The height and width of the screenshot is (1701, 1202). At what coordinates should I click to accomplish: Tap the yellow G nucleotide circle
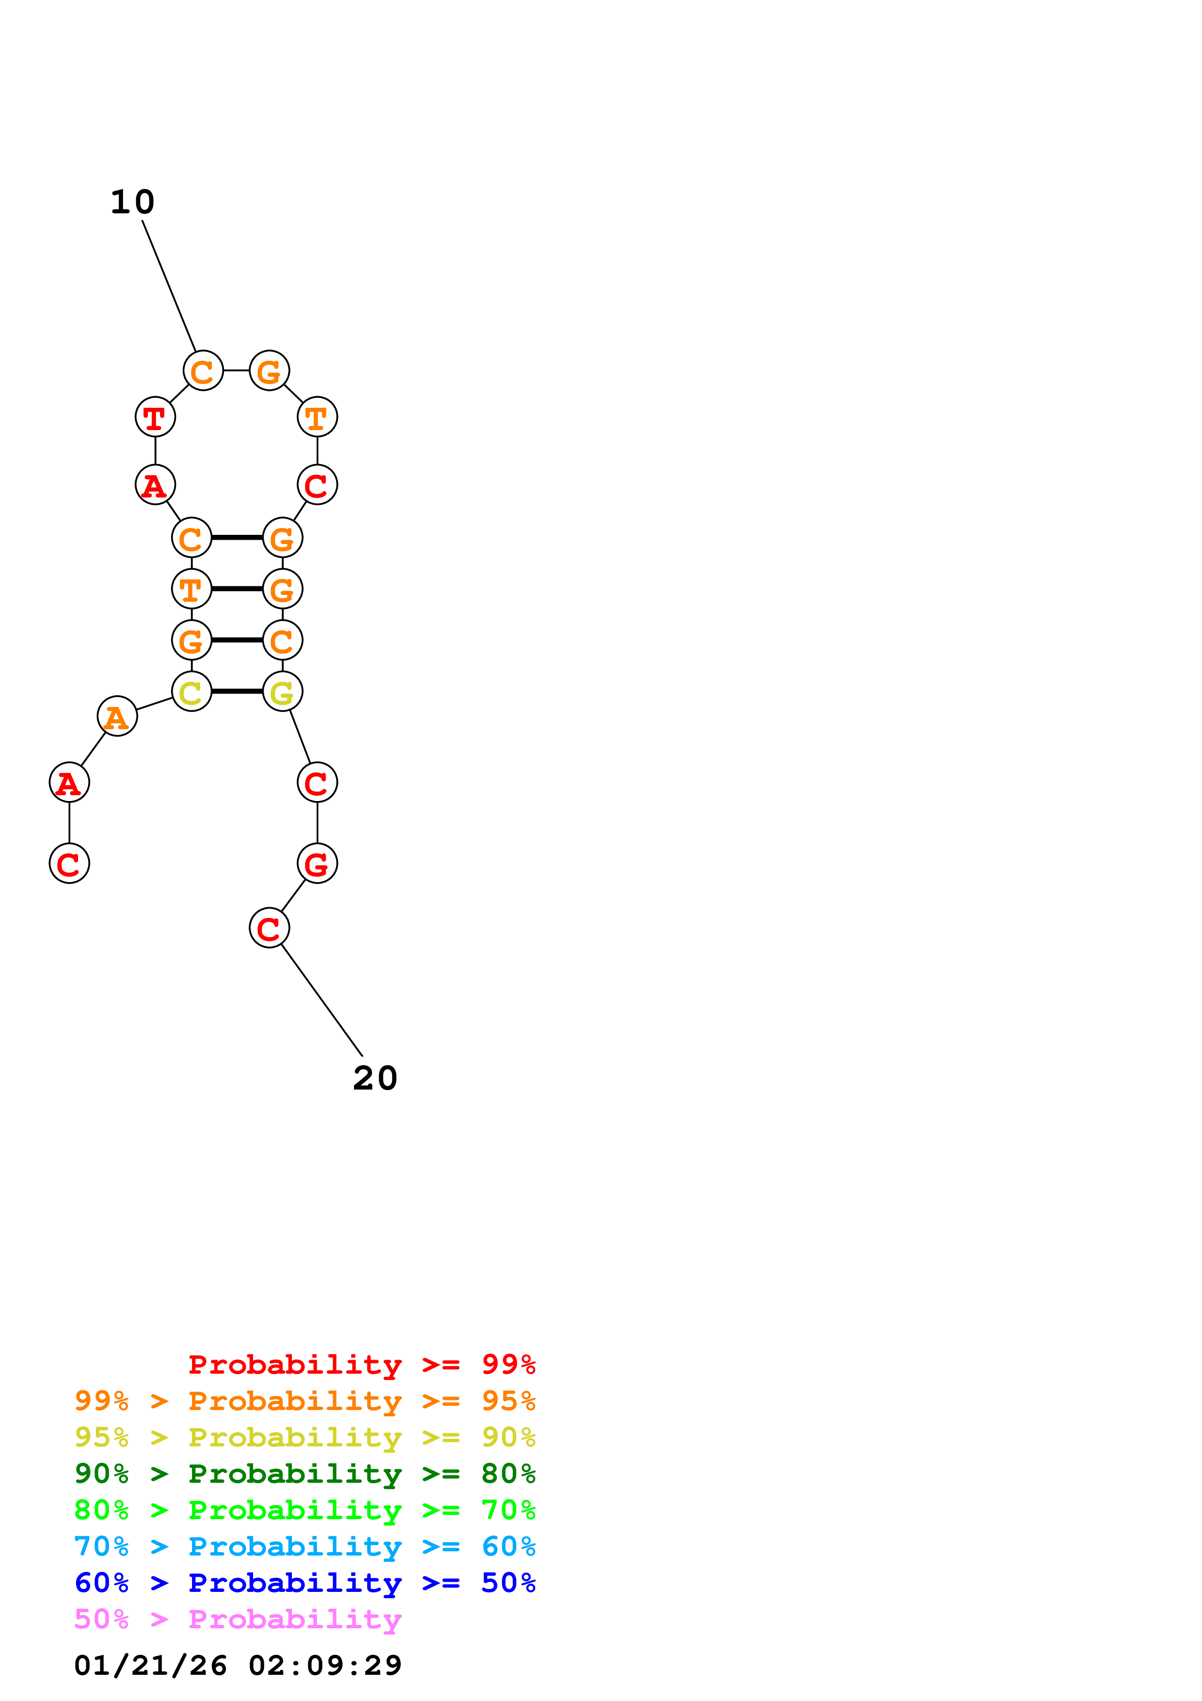pyautogui.click(x=282, y=691)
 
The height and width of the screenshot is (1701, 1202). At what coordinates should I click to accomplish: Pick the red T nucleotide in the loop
pyautogui.click(x=155, y=417)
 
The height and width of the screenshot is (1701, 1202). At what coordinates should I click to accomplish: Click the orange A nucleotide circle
pyautogui.click(x=117, y=716)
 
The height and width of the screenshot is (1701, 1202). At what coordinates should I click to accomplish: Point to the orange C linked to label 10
pyautogui.click(x=203, y=370)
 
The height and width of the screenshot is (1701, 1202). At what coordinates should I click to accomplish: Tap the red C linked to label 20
pyautogui.click(x=269, y=928)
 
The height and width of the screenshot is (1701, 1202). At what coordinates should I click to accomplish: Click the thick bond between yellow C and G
pyautogui.click(x=237, y=691)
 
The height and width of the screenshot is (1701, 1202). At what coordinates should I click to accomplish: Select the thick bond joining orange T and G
pyautogui.click(x=237, y=589)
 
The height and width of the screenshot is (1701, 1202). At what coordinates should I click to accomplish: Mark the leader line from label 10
pyautogui.click(x=169, y=285)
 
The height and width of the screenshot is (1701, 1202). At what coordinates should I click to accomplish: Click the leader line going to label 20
pyautogui.click(x=322, y=1000)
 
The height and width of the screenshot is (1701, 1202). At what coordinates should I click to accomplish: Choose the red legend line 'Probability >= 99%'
pyautogui.click(x=361, y=1364)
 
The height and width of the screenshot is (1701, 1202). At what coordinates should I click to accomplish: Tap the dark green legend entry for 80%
pyautogui.click(x=305, y=1474)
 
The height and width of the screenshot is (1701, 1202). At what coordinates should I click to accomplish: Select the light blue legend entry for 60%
pyautogui.click(x=305, y=1546)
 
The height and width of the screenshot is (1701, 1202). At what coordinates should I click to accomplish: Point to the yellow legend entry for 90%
pyautogui.click(x=305, y=1437)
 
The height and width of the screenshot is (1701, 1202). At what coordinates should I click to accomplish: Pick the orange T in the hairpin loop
pyautogui.click(x=317, y=417)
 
